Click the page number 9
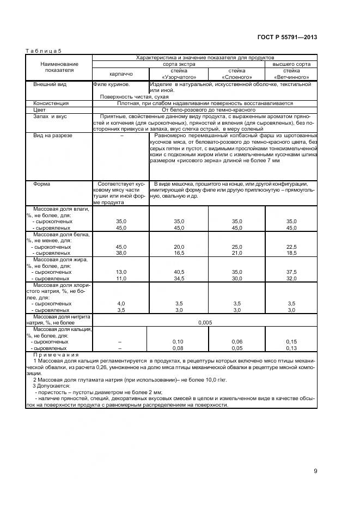pos(315,471)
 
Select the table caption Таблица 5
pos(44,51)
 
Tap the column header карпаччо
pos(120,73)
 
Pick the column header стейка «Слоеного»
pos(237,73)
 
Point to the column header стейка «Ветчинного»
pos(291,73)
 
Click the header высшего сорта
pos(291,64)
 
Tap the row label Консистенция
pos(51,103)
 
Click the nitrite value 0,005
pos(205,322)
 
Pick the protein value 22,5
pos(291,247)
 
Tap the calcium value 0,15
pos(291,341)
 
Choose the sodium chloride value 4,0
pos(121,303)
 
